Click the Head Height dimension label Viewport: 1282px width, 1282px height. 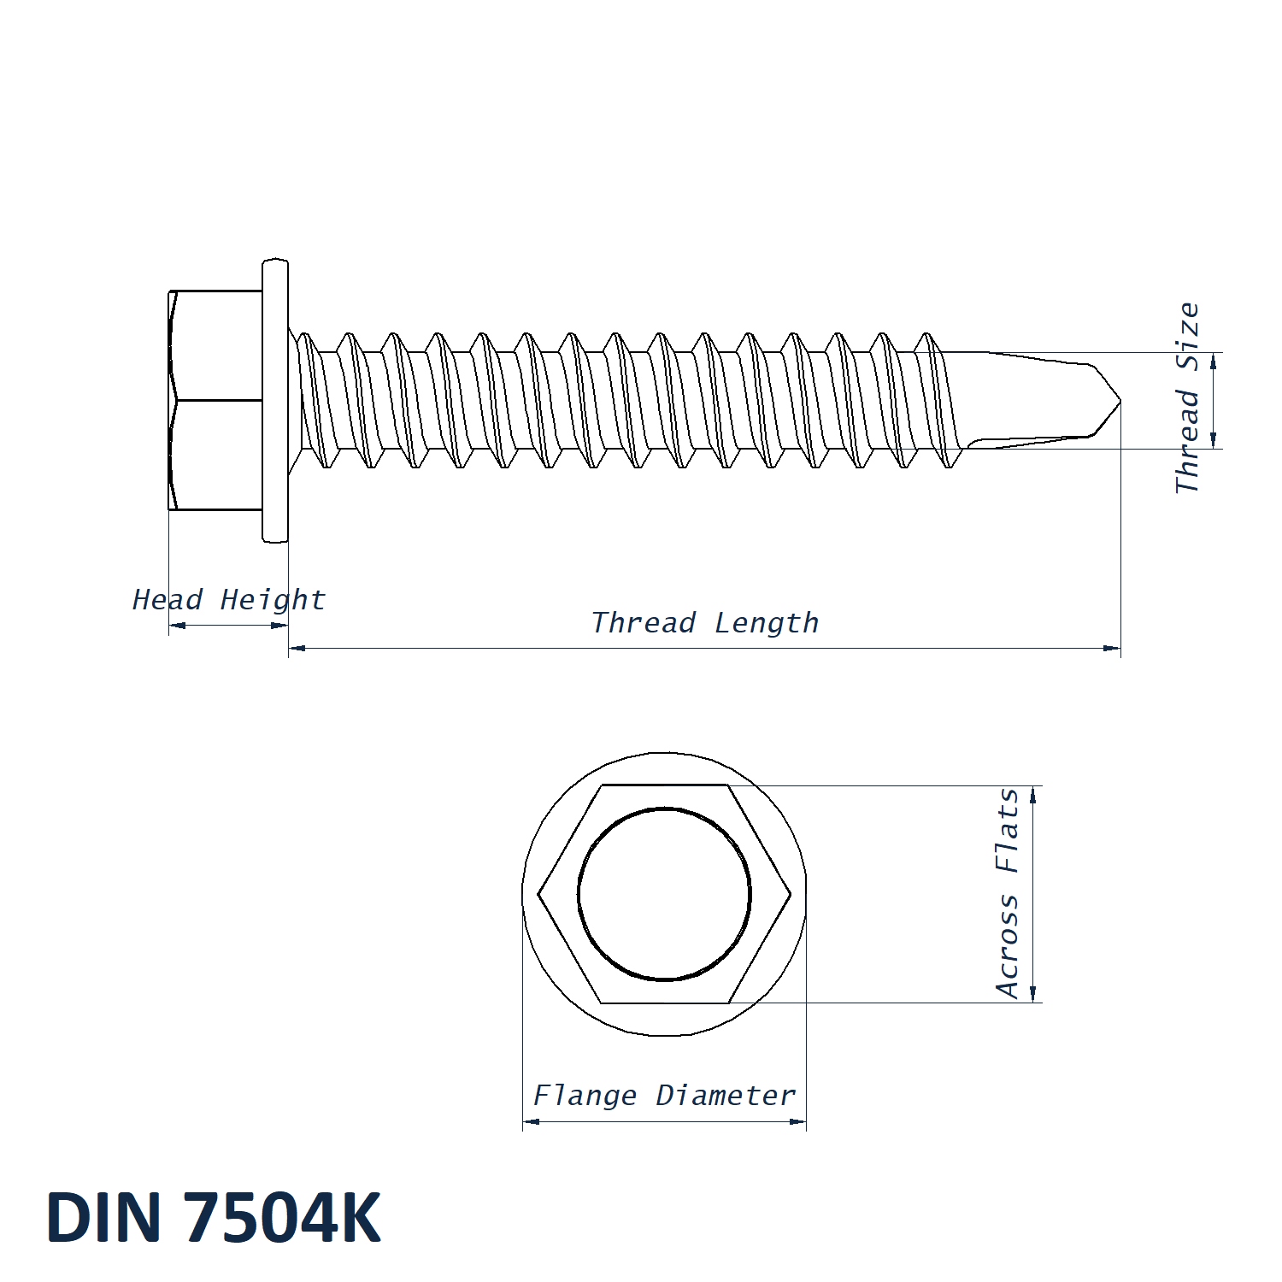click(x=229, y=600)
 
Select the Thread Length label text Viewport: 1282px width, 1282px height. click(x=705, y=623)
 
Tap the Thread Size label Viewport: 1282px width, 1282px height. click(x=1188, y=397)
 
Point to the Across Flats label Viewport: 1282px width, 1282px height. click(x=1009, y=893)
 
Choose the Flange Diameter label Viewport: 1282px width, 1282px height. click(x=664, y=1096)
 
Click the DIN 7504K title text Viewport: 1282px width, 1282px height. click(x=214, y=1217)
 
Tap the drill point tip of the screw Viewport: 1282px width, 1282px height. click(x=1120, y=401)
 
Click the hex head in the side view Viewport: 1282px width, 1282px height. click(x=215, y=400)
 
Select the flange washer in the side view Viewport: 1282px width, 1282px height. click(x=275, y=400)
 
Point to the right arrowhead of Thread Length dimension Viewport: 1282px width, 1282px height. click(x=1112, y=649)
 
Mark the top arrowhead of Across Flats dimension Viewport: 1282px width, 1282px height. click(x=1033, y=795)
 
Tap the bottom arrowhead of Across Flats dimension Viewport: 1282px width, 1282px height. click(x=1033, y=993)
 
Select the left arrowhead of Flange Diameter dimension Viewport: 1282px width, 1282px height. click(x=532, y=1121)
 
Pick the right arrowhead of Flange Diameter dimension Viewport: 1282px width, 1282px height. click(x=797, y=1121)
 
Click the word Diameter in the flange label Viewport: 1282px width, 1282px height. click(x=726, y=1096)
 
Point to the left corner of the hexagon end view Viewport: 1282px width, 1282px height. click(x=538, y=895)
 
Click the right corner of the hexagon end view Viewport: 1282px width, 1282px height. click(x=791, y=895)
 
